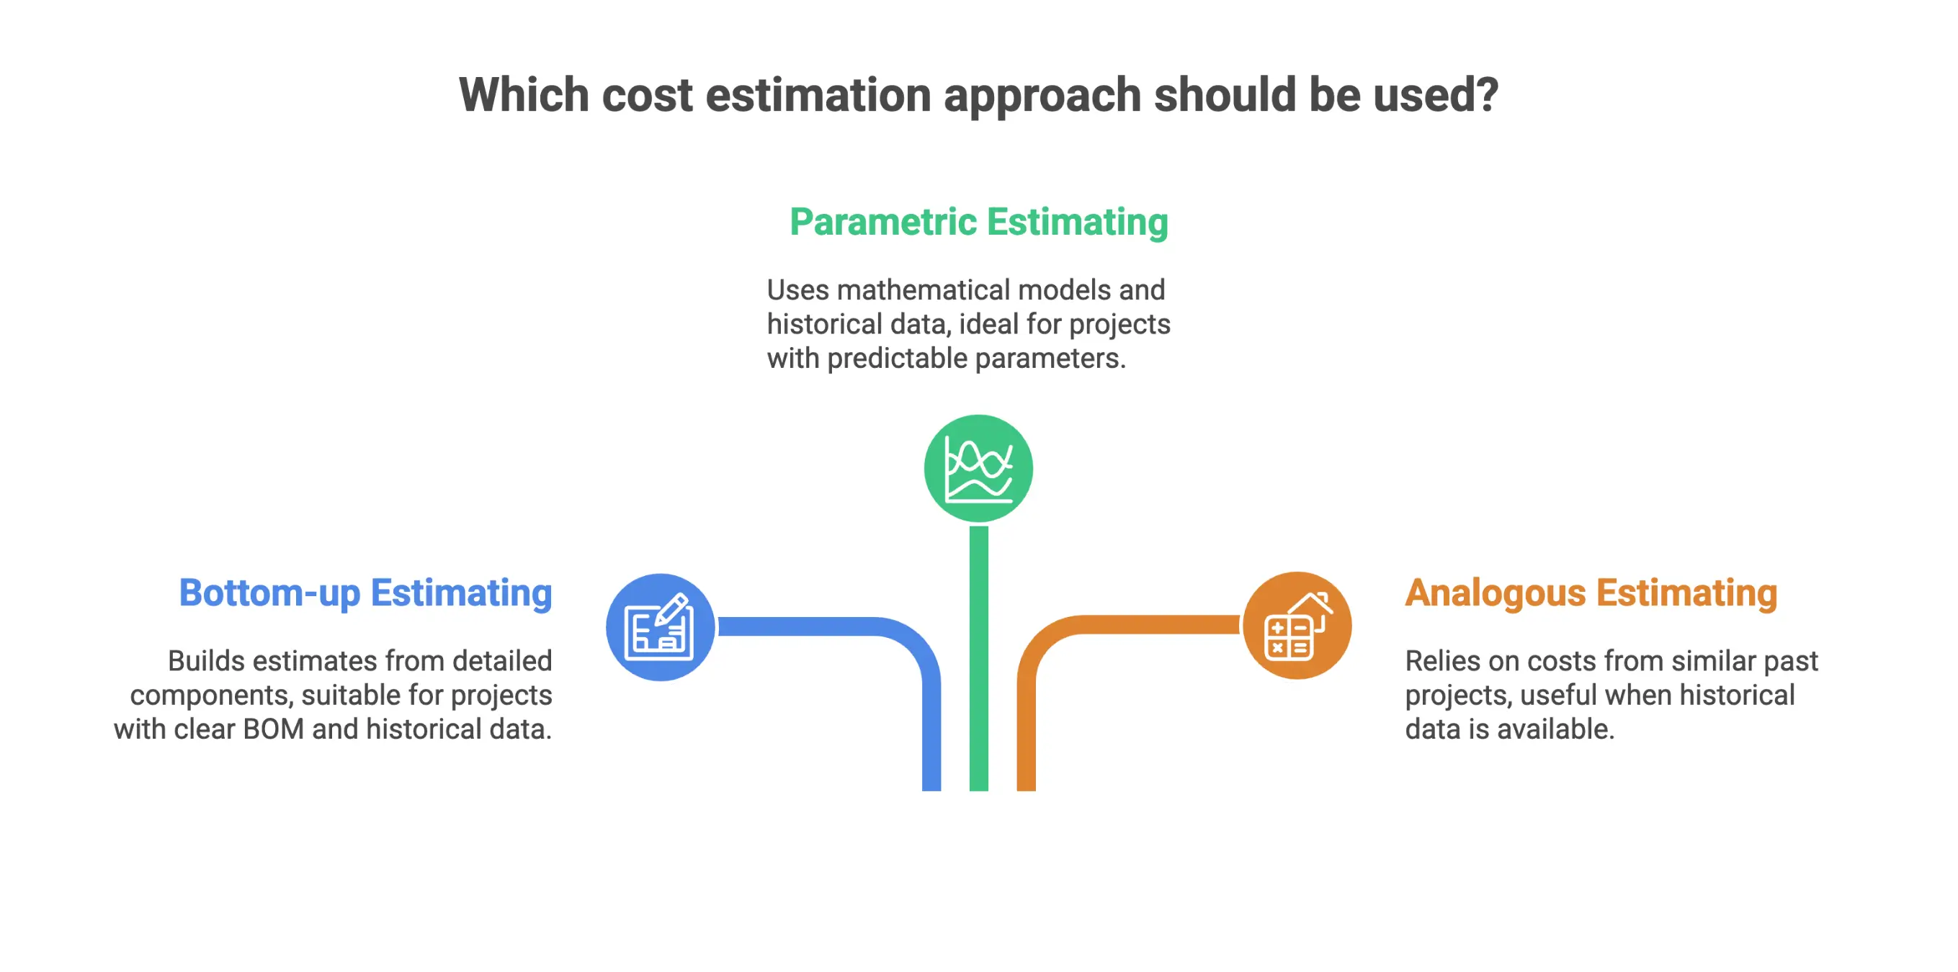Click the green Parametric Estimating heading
(978, 222)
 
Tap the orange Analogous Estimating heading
(1591, 593)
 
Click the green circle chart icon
(978, 468)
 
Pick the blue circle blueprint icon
(660, 628)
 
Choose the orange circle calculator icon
(1297, 626)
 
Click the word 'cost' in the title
(647, 95)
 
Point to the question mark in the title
(1487, 95)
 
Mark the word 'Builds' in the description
(206, 661)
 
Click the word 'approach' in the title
(1042, 95)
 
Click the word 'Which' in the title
(524, 95)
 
